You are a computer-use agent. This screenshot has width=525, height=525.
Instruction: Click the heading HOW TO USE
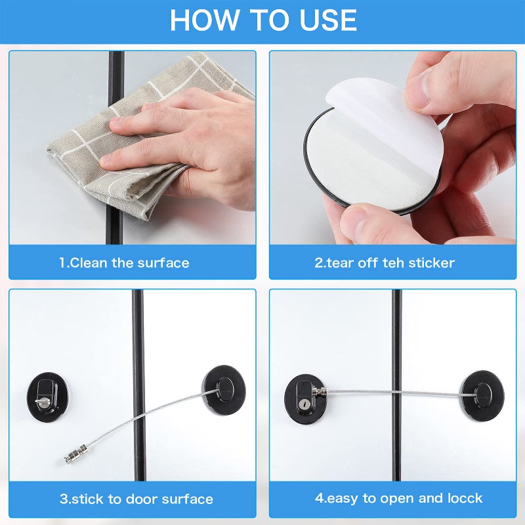tap(262, 20)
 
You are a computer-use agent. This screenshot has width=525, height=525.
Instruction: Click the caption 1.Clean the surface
tap(124, 263)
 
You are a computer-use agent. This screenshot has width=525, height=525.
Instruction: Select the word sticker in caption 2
tap(431, 263)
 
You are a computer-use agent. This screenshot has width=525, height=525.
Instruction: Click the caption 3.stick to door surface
tap(136, 499)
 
